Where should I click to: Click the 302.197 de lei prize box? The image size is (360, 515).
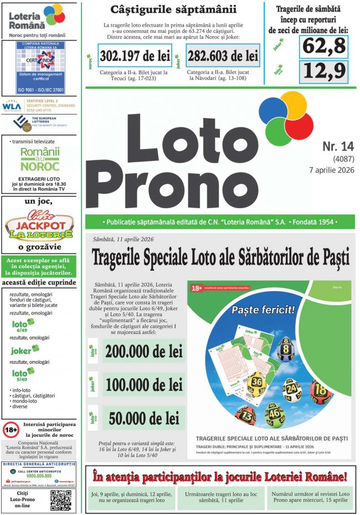point(135,56)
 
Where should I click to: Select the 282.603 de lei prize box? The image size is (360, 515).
point(223,56)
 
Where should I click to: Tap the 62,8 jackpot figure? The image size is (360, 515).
point(324,47)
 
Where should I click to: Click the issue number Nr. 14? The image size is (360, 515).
point(337,146)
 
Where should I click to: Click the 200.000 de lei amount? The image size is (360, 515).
point(144,351)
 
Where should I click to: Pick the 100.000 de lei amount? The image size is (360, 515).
point(144,385)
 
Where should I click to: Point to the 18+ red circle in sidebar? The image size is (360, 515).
point(11,429)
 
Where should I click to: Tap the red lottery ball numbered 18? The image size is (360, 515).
point(322,389)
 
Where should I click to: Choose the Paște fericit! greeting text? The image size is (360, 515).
point(263,310)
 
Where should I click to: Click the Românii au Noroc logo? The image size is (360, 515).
point(39,159)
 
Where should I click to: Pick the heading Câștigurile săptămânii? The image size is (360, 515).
point(173,9)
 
